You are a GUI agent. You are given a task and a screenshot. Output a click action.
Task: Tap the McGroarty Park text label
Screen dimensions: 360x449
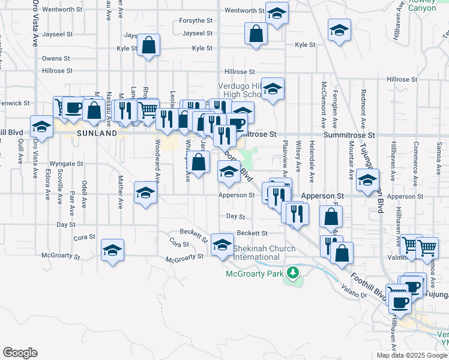pos(254,274)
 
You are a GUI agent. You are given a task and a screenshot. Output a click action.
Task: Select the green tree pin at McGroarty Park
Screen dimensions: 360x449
pos(293,274)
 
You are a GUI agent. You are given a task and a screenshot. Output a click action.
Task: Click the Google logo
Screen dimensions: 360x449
pos(20,352)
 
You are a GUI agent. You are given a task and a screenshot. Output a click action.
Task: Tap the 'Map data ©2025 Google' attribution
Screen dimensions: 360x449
pos(412,355)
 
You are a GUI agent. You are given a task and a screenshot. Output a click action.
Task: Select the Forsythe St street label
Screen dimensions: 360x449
pos(196,20)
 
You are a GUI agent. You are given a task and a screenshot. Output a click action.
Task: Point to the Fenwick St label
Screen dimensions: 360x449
pos(16,103)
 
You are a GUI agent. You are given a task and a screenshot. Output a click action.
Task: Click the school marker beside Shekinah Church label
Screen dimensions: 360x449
pos(222,245)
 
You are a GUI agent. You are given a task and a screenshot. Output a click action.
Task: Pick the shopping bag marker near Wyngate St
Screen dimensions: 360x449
pos(198,161)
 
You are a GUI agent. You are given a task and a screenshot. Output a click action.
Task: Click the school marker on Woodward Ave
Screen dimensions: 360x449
pos(145,193)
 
